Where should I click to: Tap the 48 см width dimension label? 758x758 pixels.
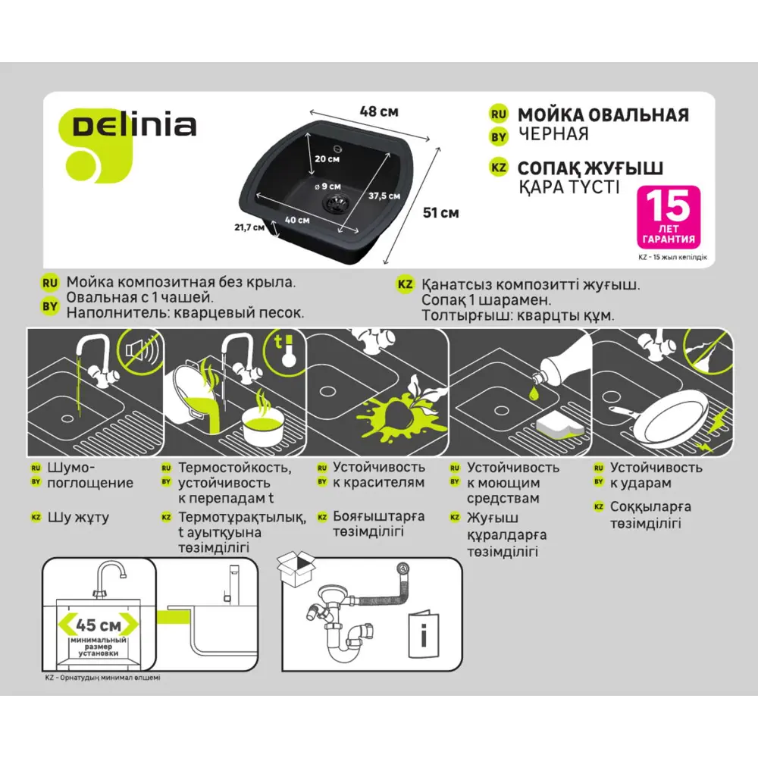tap(378, 111)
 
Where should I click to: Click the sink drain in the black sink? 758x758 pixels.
tap(334, 202)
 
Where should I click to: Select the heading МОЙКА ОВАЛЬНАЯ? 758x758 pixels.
tap(603, 115)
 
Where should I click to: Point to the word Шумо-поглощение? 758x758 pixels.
tap(89, 475)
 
